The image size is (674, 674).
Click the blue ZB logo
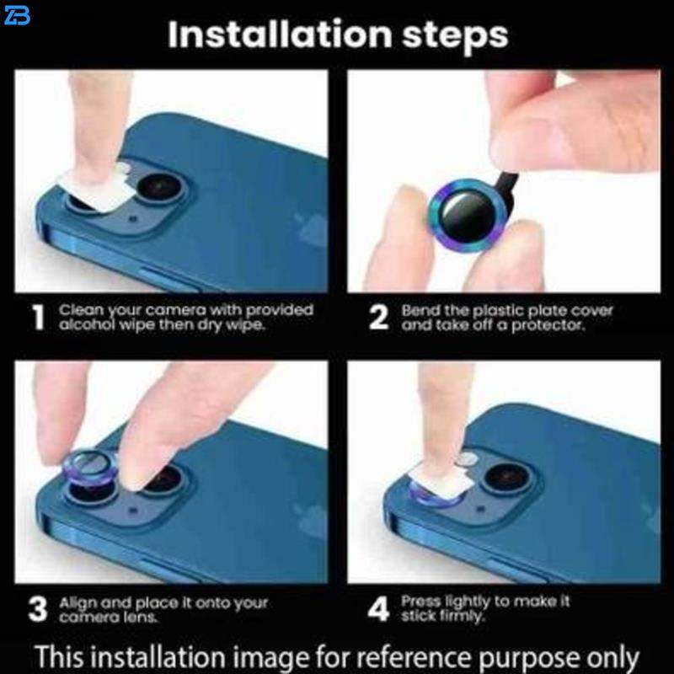16,15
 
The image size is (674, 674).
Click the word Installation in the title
280,34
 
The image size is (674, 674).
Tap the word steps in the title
455,36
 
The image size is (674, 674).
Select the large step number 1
38,318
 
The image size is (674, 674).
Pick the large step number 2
378,318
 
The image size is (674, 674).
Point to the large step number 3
37,609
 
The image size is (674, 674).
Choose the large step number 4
378,608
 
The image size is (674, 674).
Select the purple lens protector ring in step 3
90,468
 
